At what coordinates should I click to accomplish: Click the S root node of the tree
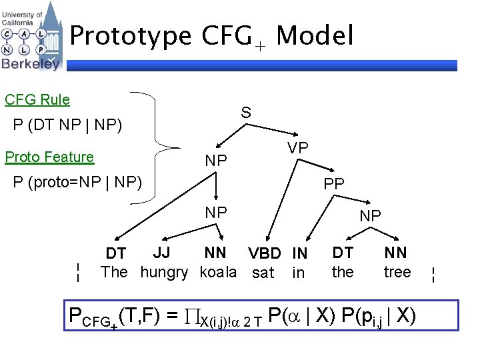click(246, 113)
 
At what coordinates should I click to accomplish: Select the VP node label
click(297, 148)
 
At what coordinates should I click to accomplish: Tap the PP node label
click(333, 183)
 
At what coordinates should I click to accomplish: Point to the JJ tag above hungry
click(162, 253)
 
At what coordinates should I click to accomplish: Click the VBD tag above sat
click(266, 254)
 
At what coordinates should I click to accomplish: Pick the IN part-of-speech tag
click(299, 254)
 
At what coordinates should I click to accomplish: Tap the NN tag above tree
click(396, 253)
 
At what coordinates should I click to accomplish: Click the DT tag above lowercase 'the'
click(343, 253)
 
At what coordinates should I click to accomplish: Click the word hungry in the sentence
click(164, 272)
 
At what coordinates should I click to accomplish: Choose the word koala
click(218, 272)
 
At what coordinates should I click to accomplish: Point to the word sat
click(263, 273)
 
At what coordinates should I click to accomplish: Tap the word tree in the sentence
click(397, 272)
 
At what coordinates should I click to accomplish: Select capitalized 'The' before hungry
click(114, 272)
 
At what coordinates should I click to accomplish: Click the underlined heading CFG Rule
click(37, 100)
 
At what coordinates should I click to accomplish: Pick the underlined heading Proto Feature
click(49, 157)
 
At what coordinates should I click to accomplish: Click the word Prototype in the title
click(131, 36)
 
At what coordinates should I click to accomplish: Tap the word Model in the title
click(315, 36)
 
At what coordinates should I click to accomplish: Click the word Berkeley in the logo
click(31, 63)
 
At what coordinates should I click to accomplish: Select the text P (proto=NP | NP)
click(78, 181)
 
